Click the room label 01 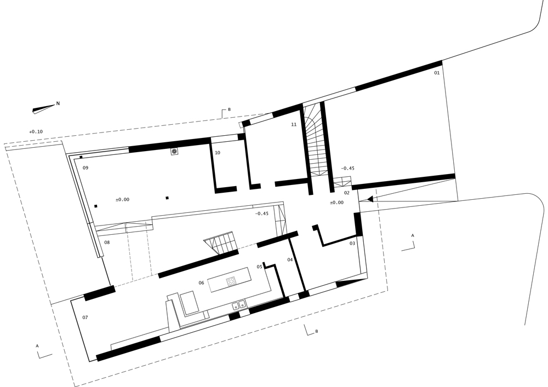pos(437,73)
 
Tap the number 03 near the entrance pos(352,242)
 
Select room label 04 pos(290,259)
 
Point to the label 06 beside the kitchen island pos(201,282)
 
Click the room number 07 pos(85,317)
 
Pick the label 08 pos(107,242)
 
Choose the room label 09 pos(85,167)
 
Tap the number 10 pos(218,153)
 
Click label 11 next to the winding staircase pos(294,125)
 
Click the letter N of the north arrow pos(58,103)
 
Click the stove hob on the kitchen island pos(231,282)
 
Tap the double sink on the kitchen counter pos(238,304)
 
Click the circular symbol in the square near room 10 pos(174,151)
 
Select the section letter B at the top pos(229,109)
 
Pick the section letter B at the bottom pos(316,332)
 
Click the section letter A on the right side pos(413,235)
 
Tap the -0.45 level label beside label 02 pos(347,168)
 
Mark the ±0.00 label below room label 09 pos(122,199)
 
